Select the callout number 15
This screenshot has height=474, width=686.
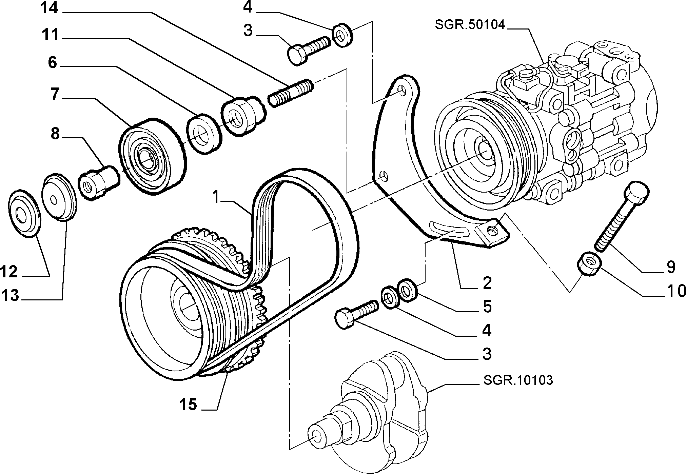click(x=189, y=404)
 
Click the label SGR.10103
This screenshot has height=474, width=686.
click(x=518, y=380)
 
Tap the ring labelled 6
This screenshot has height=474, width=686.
click(x=205, y=134)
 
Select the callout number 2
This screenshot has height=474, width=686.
click(x=487, y=283)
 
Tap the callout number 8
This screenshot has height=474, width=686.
click(x=55, y=135)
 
